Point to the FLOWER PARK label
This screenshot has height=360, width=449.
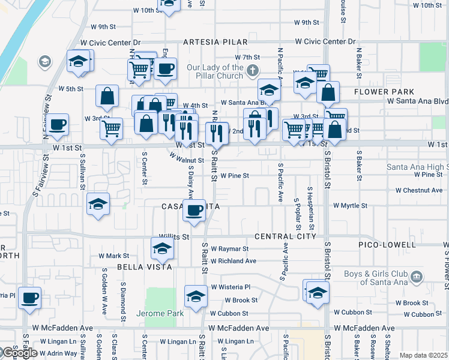tap(384, 92)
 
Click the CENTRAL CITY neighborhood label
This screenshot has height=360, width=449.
tap(285, 236)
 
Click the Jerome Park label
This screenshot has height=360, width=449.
tap(157, 313)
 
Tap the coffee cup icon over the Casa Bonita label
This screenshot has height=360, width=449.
tap(194, 211)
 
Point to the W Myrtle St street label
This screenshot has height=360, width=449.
tap(350, 205)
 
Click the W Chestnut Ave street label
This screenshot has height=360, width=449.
tap(419, 190)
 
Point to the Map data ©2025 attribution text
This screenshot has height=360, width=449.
tap(423, 355)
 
